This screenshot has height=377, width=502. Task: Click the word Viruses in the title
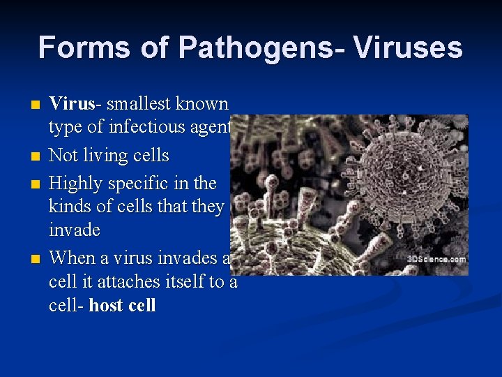(x=408, y=47)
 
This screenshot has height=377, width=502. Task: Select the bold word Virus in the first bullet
(x=71, y=104)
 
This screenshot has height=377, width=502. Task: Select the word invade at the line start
(x=74, y=230)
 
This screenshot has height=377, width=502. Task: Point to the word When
(x=73, y=258)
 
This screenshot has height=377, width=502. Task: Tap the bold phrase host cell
(x=123, y=305)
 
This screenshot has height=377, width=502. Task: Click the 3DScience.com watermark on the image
(x=437, y=259)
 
